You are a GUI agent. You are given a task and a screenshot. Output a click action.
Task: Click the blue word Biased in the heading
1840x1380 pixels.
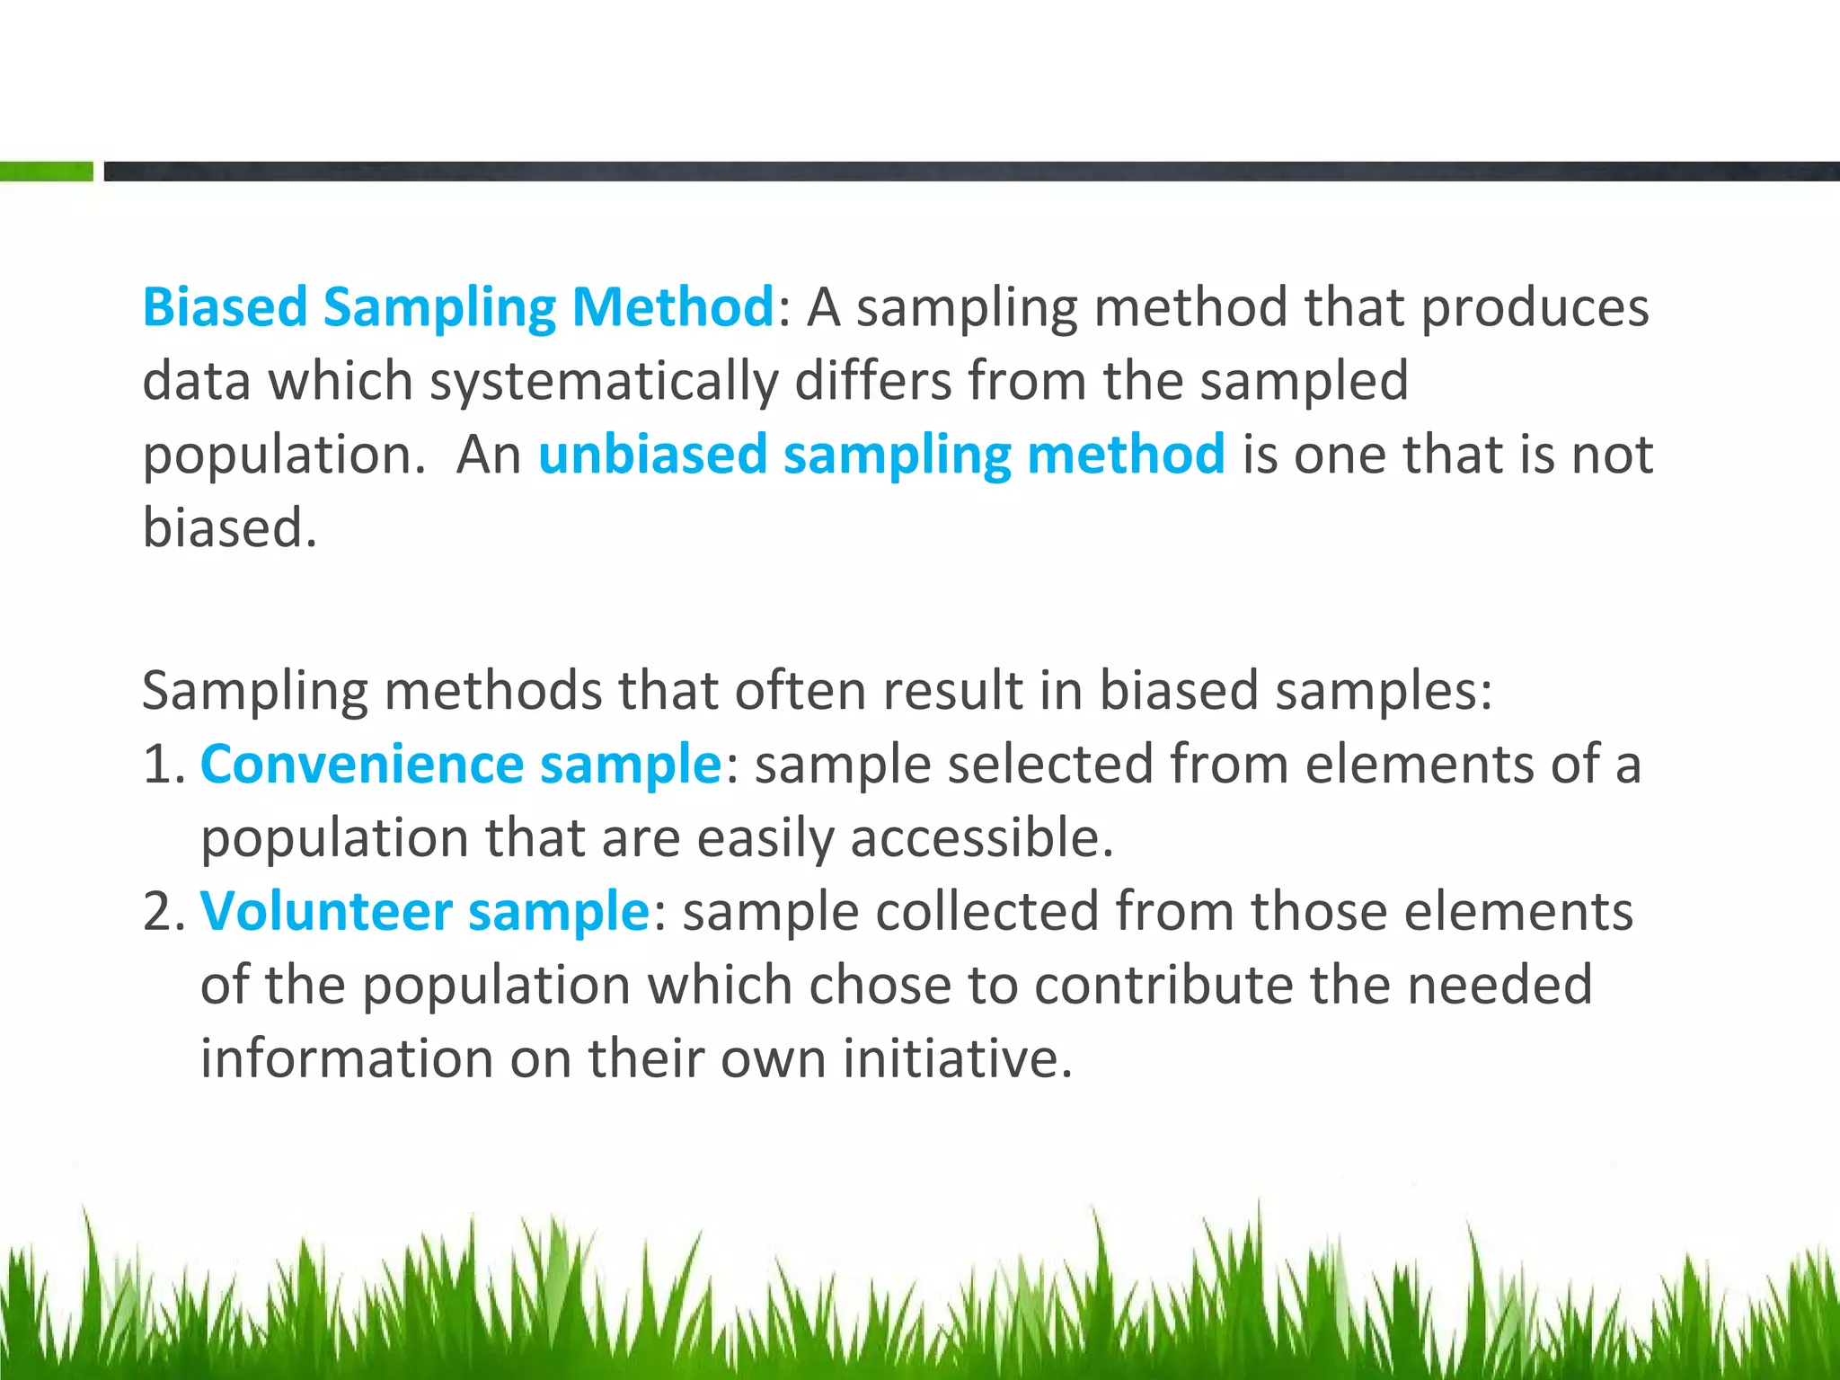[225, 307]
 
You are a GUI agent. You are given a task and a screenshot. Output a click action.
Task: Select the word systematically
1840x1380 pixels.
[603, 381]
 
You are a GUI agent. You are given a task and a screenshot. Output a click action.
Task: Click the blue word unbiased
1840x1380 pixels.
[652, 454]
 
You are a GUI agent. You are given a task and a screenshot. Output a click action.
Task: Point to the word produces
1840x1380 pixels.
[1535, 307]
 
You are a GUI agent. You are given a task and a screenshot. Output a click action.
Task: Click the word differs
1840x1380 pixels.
[872, 381]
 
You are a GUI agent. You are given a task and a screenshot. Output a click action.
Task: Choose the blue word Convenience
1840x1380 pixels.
[361, 765]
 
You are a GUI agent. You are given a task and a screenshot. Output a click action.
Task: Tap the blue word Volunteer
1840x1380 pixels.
[325, 911]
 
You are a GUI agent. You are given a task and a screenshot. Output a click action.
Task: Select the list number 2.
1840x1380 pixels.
[162, 911]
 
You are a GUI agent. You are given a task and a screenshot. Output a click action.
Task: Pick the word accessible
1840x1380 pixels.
[981, 838]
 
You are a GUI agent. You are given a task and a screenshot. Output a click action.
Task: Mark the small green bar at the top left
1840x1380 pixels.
[46, 171]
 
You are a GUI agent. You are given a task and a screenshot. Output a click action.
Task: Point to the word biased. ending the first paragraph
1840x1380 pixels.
[230, 527]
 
